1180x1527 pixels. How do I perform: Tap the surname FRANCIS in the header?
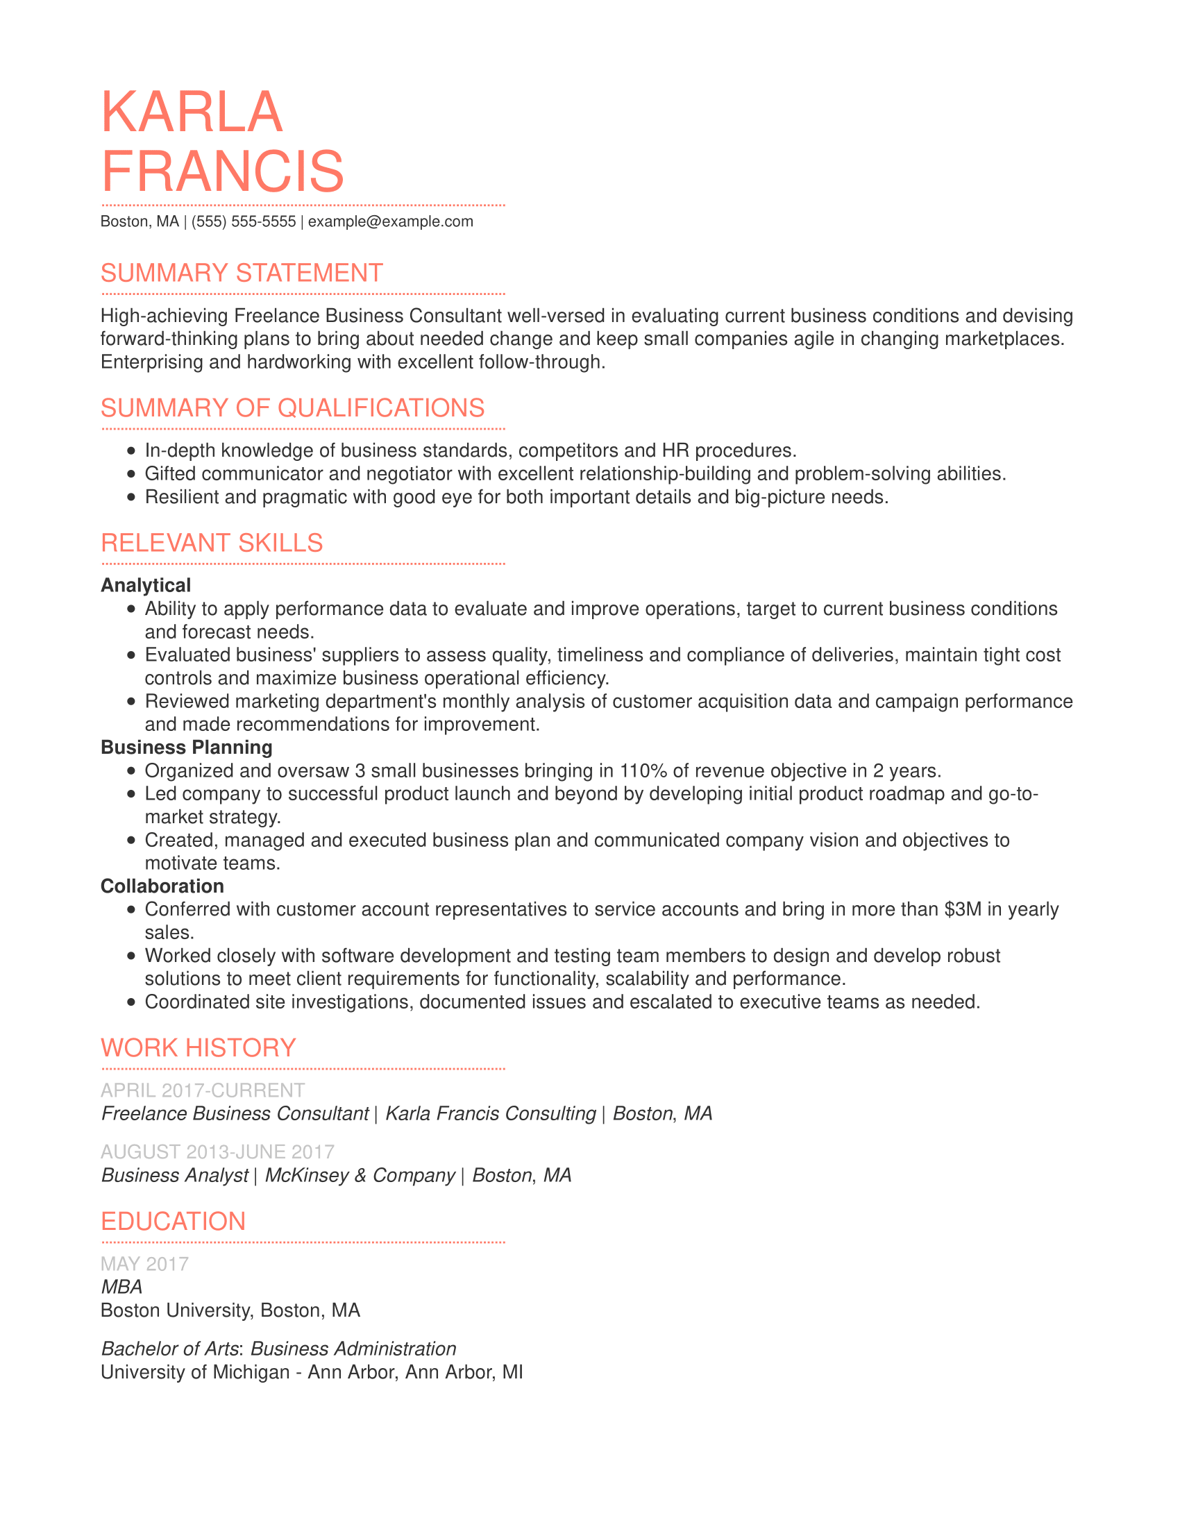(222, 171)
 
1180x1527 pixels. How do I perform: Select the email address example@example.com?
(390, 221)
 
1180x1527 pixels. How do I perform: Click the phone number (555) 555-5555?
(243, 221)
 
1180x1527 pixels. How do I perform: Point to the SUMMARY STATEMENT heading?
(241, 273)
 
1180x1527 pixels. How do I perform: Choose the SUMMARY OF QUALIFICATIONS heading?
(292, 407)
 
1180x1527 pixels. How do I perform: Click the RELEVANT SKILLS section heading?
(211, 543)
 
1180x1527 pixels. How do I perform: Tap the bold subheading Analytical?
(145, 585)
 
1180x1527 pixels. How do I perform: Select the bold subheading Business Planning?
(186, 748)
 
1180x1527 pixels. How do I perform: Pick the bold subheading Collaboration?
(162, 886)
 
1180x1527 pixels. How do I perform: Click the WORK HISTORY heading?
(198, 1047)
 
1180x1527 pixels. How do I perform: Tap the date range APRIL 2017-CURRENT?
(203, 1090)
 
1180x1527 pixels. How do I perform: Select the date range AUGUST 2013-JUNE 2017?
(217, 1151)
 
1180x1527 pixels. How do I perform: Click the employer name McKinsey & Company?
(360, 1175)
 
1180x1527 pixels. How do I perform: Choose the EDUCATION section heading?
(173, 1221)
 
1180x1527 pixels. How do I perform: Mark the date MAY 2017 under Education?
(144, 1263)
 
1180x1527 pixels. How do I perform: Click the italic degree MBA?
(121, 1286)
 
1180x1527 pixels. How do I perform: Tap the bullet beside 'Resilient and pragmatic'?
(130, 497)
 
